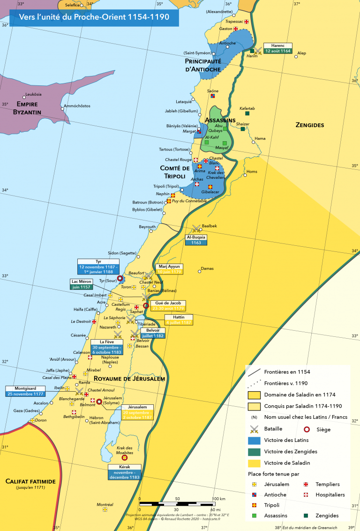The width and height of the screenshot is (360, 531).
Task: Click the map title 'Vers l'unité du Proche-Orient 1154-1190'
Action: point(94,18)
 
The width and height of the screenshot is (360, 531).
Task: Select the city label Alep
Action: point(301,53)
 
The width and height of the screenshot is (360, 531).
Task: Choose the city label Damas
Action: point(207,269)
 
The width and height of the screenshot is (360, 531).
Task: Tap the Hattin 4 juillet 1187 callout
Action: point(178,320)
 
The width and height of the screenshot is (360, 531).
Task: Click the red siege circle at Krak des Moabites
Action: point(124,457)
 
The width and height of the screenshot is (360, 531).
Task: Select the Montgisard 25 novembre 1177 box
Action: point(26,391)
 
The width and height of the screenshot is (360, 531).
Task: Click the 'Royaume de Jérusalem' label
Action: point(129,379)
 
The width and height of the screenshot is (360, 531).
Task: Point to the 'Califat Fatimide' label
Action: point(30,481)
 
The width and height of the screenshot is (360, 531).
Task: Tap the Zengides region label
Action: point(310,125)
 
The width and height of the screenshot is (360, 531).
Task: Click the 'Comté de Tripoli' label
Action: point(175,172)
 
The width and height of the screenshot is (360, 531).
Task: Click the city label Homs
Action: point(252,172)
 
